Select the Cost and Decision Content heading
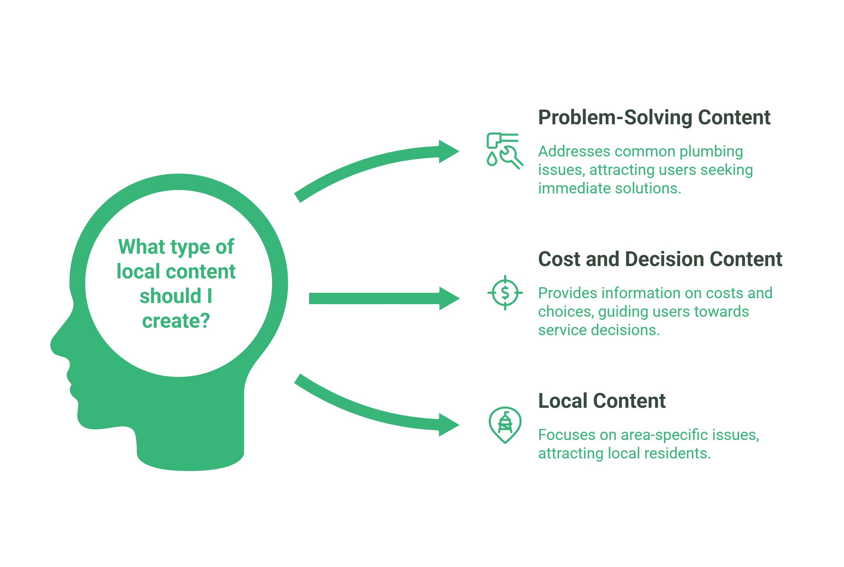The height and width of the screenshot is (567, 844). pyautogui.click(x=660, y=259)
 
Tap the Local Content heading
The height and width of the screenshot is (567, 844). pyautogui.click(x=601, y=401)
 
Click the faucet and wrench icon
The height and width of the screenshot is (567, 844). pyautogui.click(x=504, y=150)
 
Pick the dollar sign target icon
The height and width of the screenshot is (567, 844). pyautogui.click(x=505, y=293)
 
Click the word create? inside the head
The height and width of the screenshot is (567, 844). pyautogui.click(x=176, y=321)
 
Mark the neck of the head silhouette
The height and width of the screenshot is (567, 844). pyautogui.click(x=192, y=434)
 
